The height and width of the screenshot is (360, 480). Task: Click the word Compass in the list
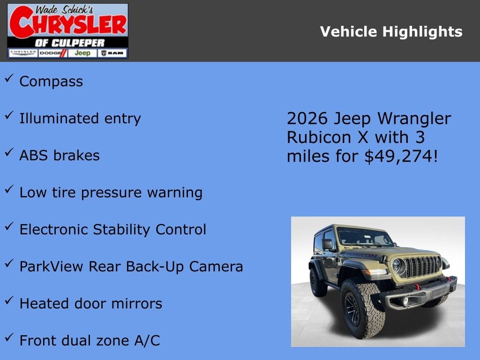point(51,82)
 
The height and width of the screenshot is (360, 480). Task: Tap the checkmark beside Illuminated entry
point(9,116)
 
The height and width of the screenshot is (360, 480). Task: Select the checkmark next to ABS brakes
point(9,153)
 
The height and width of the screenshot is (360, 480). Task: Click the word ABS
point(33,155)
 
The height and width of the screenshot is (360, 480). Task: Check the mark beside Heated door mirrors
point(9,301)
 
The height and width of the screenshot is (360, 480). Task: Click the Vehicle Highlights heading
point(391,32)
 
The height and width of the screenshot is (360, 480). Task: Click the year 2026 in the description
point(307,119)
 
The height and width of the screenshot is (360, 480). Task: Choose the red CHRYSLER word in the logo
point(67,23)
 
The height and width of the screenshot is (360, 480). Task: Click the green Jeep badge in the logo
point(82,53)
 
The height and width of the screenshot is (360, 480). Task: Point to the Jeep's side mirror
point(327,244)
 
